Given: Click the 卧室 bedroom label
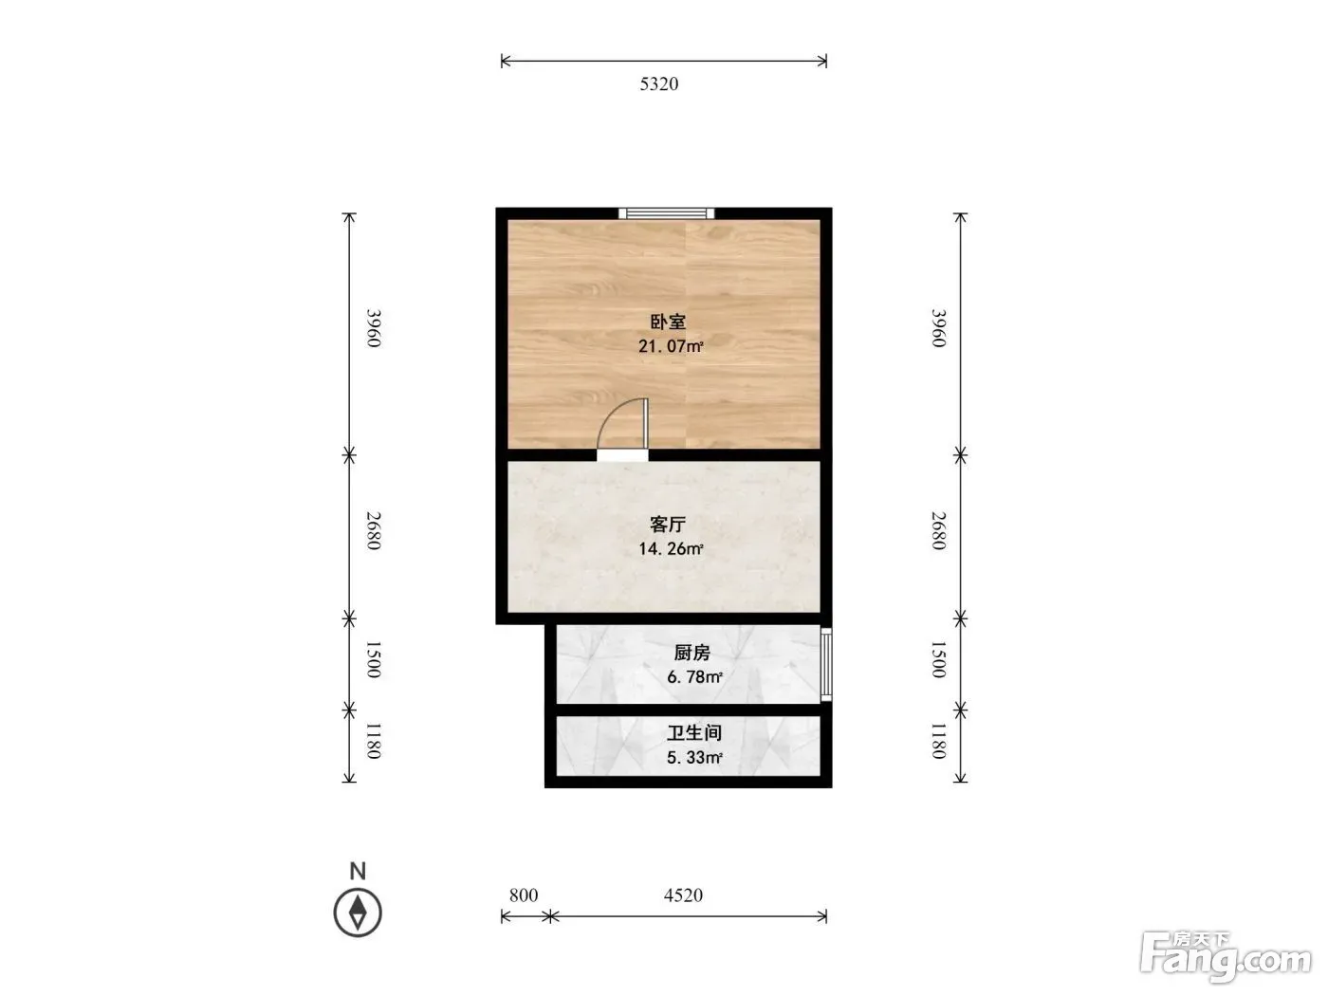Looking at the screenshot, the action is click(x=668, y=322).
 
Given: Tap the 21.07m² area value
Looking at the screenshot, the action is click(x=671, y=346).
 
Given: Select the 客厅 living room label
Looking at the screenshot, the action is click(x=668, y=525).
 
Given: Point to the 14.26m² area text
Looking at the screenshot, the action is click(x=671, y=548).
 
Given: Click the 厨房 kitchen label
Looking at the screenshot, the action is click(x=692, y=653).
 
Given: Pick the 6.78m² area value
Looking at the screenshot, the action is click(x=694, y=676).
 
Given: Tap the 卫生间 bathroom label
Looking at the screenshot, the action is click(x=694, y=733).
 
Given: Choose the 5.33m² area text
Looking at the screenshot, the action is click(x=694, y=757).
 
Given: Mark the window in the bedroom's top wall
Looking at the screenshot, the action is click(x=666, y=212).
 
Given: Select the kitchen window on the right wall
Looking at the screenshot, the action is click(x=826, y=665).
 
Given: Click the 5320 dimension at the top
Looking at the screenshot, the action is click(x=659, y=84).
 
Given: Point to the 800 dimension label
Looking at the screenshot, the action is click(x=524, y=895).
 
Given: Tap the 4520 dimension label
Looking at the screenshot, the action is click(x=683, y=895).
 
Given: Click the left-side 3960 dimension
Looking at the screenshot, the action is click(x=374, y=328).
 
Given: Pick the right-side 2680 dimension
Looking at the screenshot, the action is click(x=938, y=531).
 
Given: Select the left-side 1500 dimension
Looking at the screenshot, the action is click(x=374, y=660).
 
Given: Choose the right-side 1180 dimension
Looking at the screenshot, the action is click(x=938, y=741).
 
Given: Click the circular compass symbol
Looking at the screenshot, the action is click(x=358, y=913).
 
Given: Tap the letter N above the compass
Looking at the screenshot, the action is click(x=358, y=871).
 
